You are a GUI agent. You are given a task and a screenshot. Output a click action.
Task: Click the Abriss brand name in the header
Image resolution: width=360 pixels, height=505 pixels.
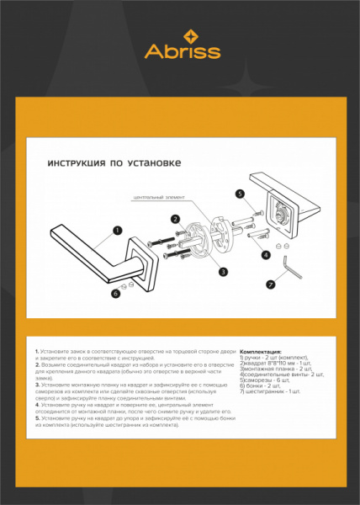click(183, 51)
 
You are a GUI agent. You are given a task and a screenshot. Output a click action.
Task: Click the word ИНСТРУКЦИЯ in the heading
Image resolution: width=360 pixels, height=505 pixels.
click(73, 163)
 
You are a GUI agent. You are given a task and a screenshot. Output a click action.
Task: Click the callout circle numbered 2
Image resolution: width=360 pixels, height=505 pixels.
click(176, 219)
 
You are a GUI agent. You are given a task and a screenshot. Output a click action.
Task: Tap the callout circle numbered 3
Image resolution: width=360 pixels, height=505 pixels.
click(223, 271)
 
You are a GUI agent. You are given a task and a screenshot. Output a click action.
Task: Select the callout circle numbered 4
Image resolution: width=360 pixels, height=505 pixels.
click(266, 254)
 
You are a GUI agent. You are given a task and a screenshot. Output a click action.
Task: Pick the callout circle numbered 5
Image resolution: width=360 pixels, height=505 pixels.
click(240, 194)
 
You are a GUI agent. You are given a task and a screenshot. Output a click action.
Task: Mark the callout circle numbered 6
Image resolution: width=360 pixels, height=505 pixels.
click(116, 293)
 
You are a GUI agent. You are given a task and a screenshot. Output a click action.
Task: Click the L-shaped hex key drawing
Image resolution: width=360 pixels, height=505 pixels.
click(294, 268)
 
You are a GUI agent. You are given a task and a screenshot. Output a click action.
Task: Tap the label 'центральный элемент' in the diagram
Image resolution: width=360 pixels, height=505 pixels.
click(157, 199)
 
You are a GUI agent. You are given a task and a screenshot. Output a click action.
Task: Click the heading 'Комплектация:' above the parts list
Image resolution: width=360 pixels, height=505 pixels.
click(261, 351)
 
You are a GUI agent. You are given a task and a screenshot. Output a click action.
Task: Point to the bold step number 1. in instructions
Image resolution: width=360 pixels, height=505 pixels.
click(37, 350)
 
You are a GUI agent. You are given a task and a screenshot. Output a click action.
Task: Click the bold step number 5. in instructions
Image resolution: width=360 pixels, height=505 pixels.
click(37, 418)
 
